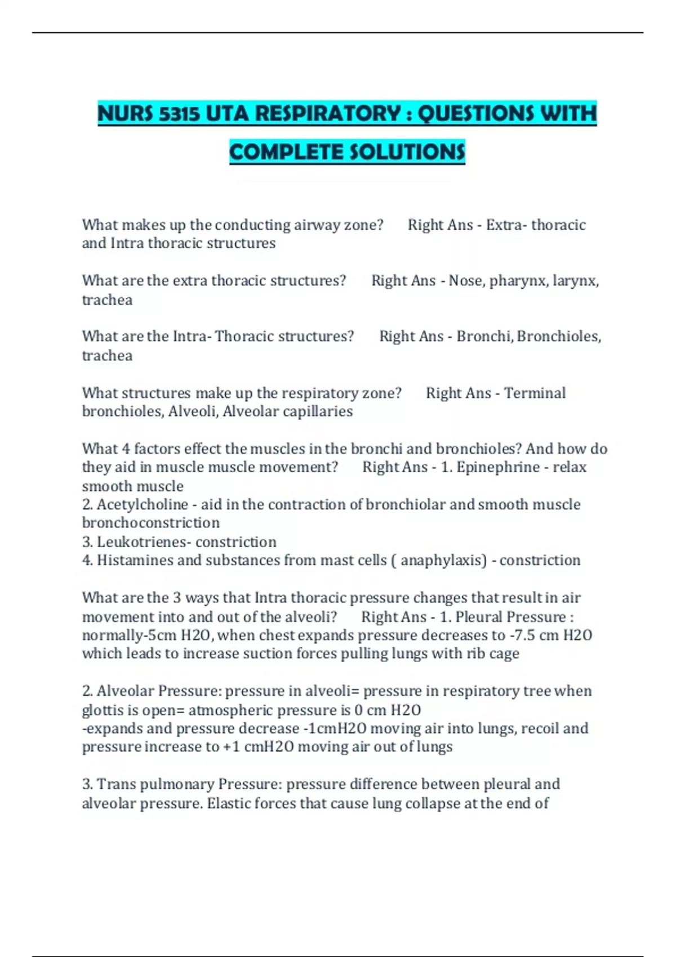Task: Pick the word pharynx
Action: pos(519,280)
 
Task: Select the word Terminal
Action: pos(535,393)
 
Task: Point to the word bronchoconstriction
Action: pos(151,523)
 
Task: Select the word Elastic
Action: pos(228,803)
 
